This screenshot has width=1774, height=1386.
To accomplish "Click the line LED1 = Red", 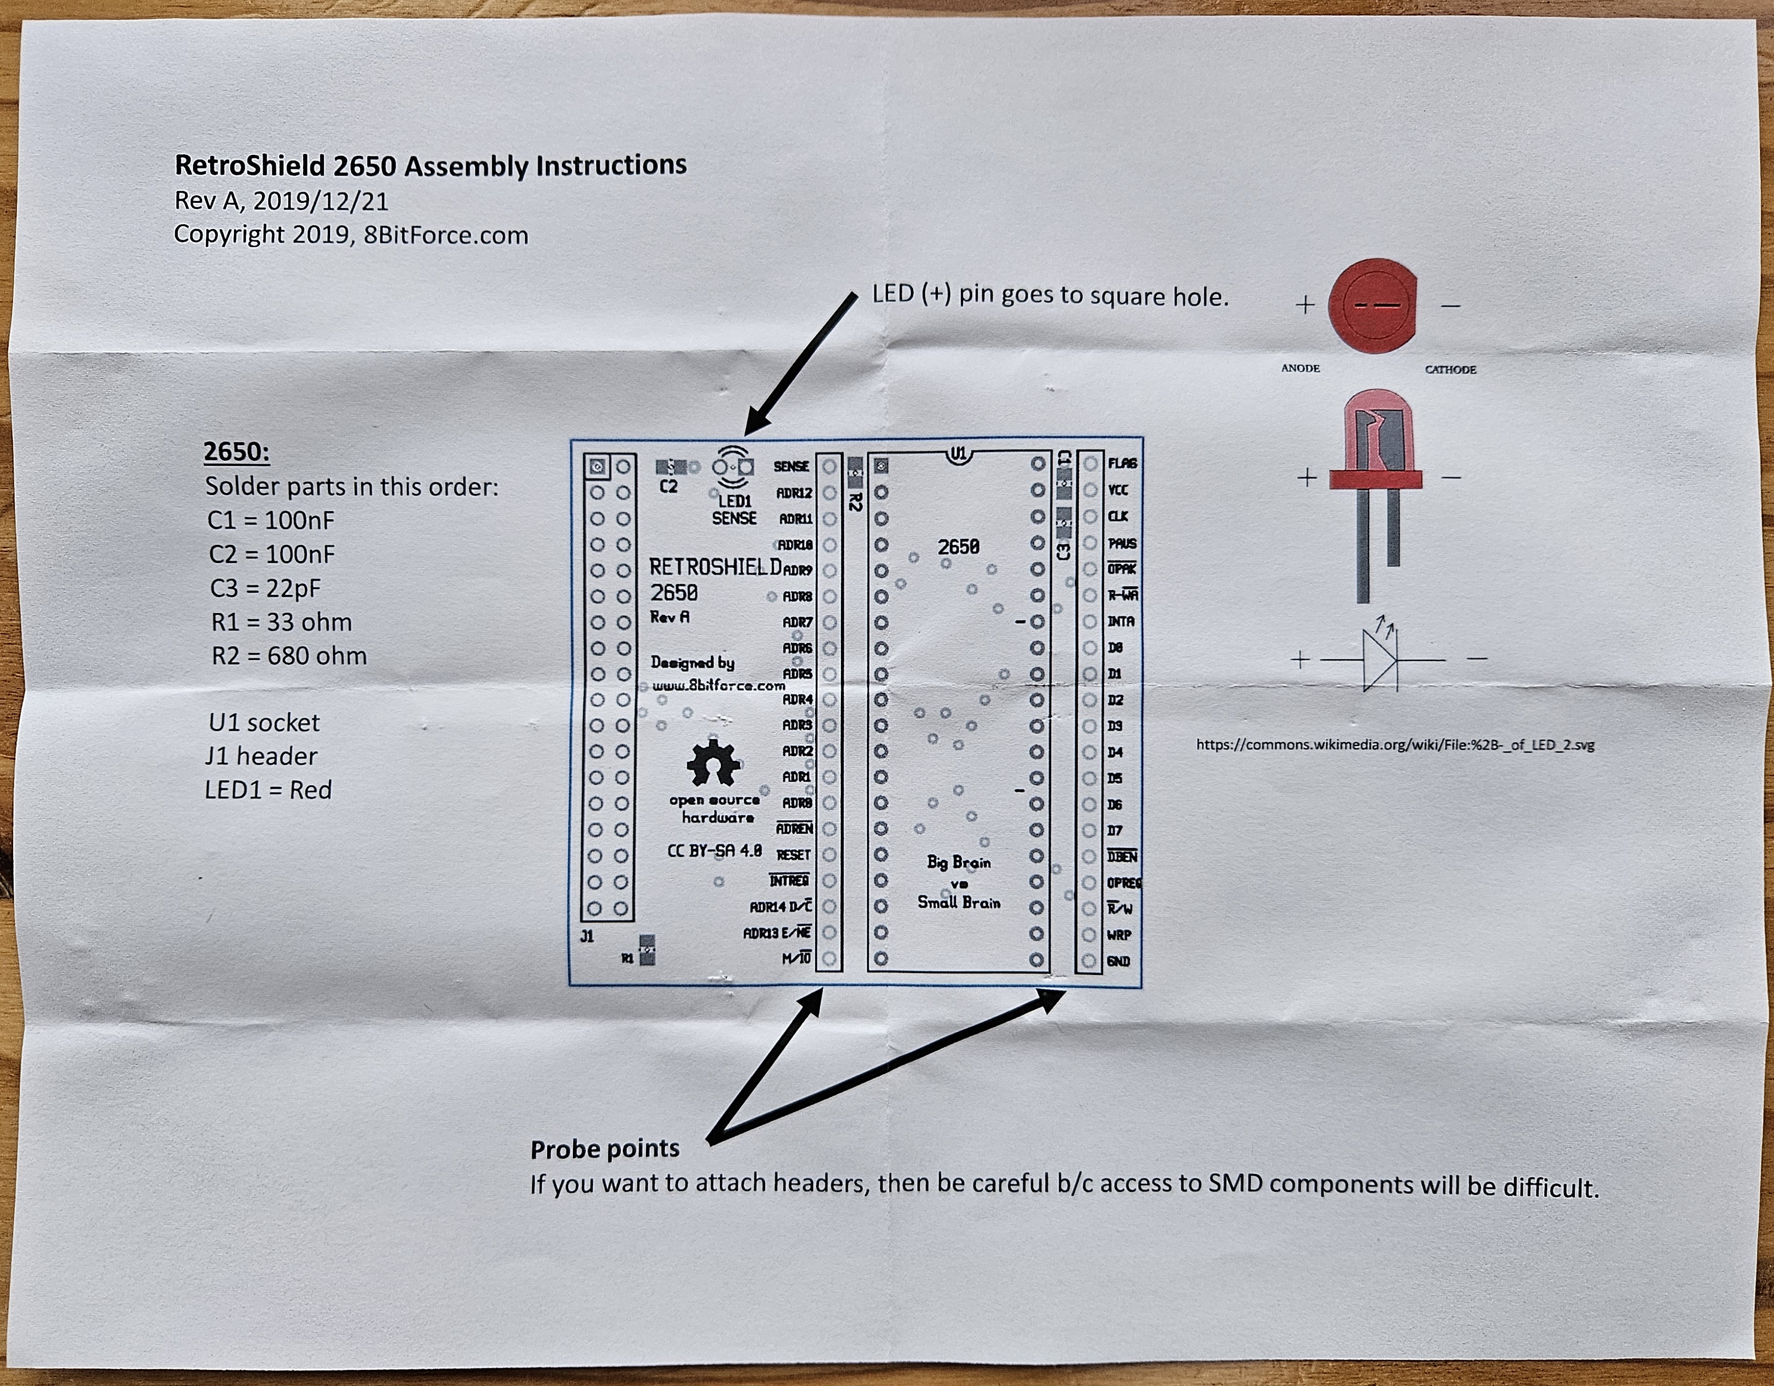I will pyautogui.click(x=268, y=790).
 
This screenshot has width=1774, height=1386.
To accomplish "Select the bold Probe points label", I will pyautogui.click(x=604, y=1149).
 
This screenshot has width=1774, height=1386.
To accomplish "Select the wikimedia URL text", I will pyautogui.click(x=1395, y=744).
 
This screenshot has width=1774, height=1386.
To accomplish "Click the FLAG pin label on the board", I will pyautogui.click(x=1122, y=463).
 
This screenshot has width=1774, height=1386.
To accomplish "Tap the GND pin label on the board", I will pyautogui.click(x=1119, y=961).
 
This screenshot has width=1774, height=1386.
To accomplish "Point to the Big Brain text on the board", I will pyautogui.click(x=958, y=862).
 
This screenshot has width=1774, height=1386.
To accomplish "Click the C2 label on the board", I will pyautogui.click(x=668, y=487).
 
